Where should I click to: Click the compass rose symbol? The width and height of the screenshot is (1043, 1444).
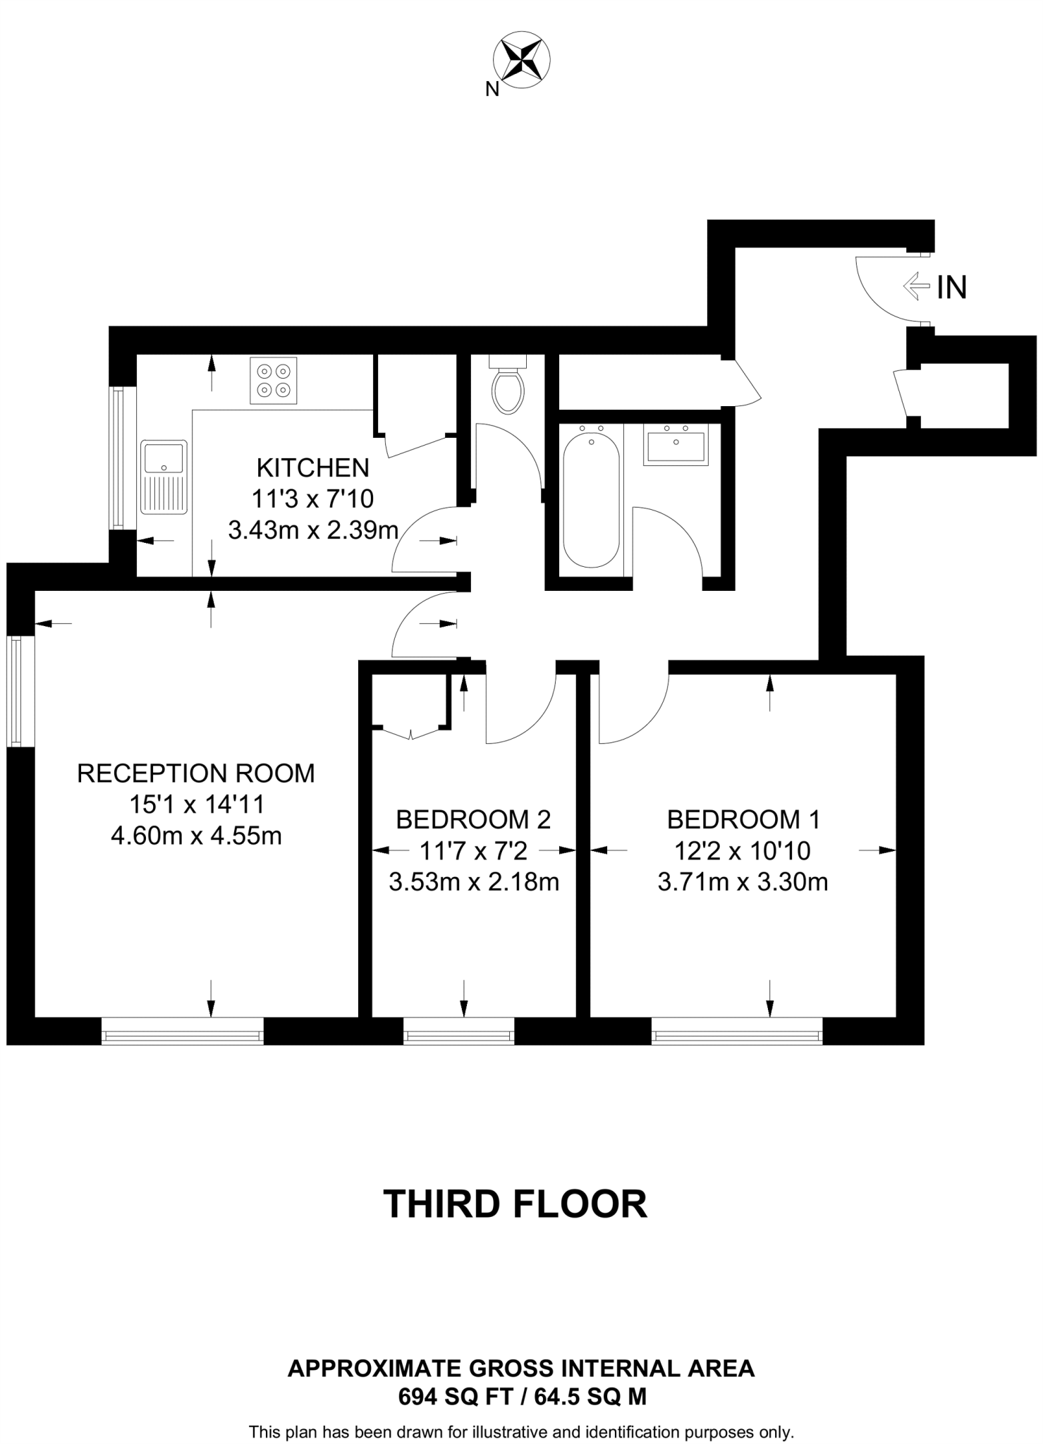tap(522, 59)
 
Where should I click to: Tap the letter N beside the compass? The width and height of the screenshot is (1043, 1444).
tap(492, 90)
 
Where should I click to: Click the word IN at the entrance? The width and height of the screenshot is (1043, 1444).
tap(951, 287)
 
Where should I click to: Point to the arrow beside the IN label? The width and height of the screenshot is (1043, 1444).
tap(917, 286)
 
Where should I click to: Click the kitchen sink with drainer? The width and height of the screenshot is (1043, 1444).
tap(164, 477)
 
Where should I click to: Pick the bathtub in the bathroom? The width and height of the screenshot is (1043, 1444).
tap(591, 498)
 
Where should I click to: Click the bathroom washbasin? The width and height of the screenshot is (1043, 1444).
tap(675, 446)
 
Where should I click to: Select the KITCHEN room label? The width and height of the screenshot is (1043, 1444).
tap(312, 467)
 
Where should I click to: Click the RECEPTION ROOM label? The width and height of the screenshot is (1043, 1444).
tap(196, 773)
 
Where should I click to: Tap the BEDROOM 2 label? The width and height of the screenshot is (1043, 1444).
tap(473, 819)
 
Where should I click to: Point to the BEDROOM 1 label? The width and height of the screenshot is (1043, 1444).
tap(743, 819)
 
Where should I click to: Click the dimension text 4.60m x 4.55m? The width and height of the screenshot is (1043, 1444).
tap(196, 836)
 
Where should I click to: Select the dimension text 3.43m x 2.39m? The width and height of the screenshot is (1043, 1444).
tap(313, 530)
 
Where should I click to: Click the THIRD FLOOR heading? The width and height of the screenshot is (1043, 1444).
tap(515, 1204)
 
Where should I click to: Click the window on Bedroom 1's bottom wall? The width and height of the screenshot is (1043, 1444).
tap(737, 1036)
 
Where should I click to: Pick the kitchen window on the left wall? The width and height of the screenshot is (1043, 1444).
tap(118, 458)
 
